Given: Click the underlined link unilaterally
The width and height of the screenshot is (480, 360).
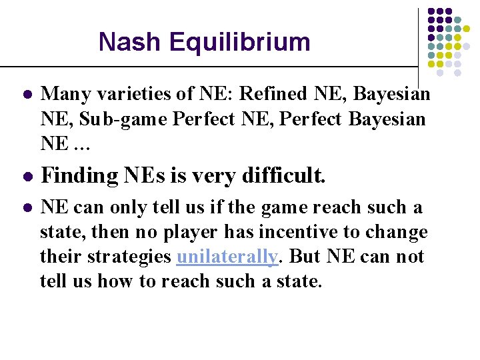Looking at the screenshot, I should [x=227, y=257].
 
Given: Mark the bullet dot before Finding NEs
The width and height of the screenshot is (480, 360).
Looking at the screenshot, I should [x=25, y=177].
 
